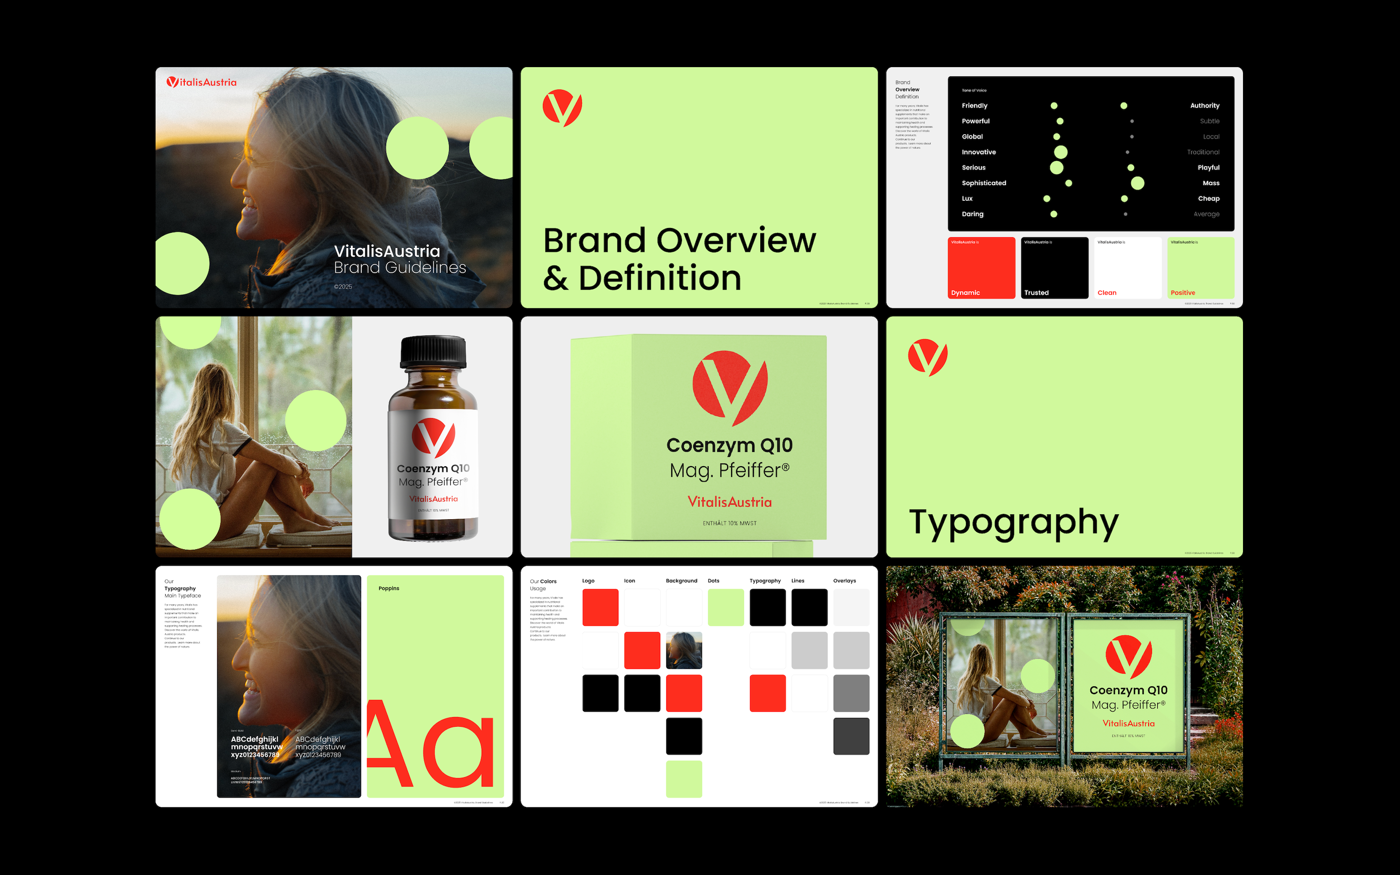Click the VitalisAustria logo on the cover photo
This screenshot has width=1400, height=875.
point(201,82)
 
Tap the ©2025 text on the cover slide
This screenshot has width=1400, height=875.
point(343,286)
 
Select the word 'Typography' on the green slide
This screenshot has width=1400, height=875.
point(1014,523)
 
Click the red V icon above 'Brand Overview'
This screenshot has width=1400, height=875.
point(562,107)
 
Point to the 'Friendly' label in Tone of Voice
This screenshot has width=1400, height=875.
point(974,106)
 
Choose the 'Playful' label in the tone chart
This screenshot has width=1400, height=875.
point(1208,168)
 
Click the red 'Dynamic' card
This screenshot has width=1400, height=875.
point(981,267)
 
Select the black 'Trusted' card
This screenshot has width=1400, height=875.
point(1054,267)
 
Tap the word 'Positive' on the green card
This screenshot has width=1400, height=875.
point(1183,293)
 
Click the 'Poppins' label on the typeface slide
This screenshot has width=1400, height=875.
point(389,589)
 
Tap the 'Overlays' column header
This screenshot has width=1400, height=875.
point(844,581)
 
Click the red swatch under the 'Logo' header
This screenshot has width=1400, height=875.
point(600,608)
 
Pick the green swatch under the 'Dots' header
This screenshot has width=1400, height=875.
point(725,608)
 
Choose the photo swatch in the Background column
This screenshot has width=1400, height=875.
point(684,650)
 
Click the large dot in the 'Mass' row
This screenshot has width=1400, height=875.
point(1137,183)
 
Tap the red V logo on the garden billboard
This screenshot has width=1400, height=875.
point(1128,656)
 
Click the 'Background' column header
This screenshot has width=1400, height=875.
point(682,581)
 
